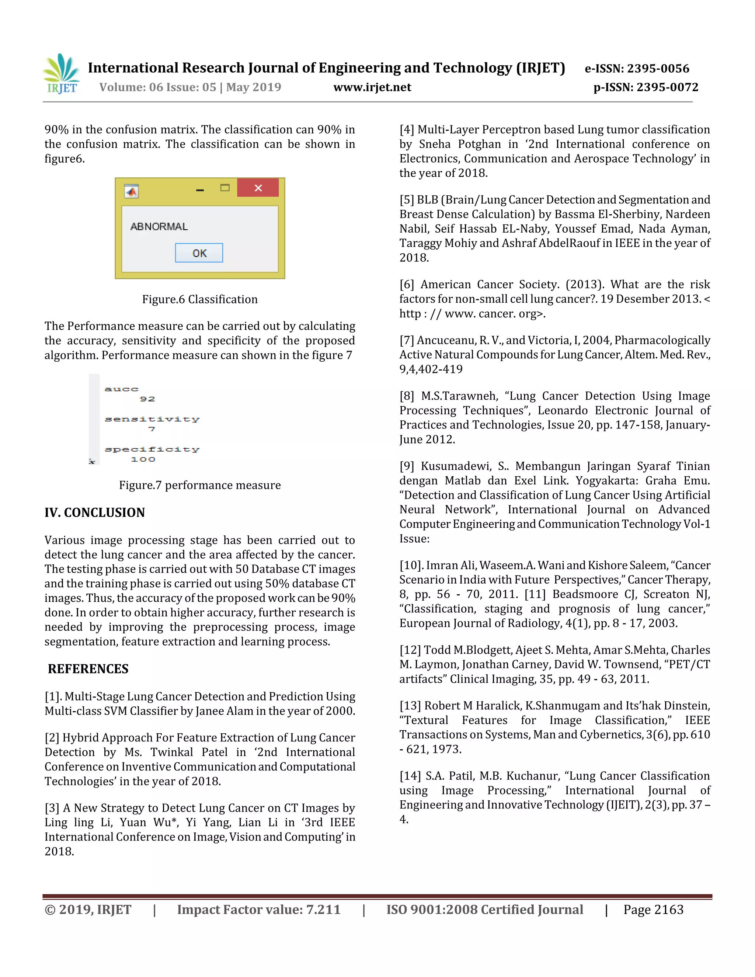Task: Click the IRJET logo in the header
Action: [62, 74]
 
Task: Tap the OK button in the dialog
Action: [199, 253]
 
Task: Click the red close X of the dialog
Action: [258, 188]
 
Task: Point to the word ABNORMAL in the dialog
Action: [159, 227]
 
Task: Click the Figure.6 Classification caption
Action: [200, 299]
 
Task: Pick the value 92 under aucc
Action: [147, 399]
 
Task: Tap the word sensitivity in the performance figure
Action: [152, 419]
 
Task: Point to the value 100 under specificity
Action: [143, 459]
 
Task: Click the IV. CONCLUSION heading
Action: [95, 513]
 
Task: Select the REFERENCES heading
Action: [88, 669]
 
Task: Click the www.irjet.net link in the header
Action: [372, 87]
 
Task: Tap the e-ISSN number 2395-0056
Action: [658, 69]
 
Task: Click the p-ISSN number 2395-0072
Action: [667, 87]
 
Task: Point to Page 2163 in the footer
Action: [654, 910]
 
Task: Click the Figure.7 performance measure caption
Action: [200, 486]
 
